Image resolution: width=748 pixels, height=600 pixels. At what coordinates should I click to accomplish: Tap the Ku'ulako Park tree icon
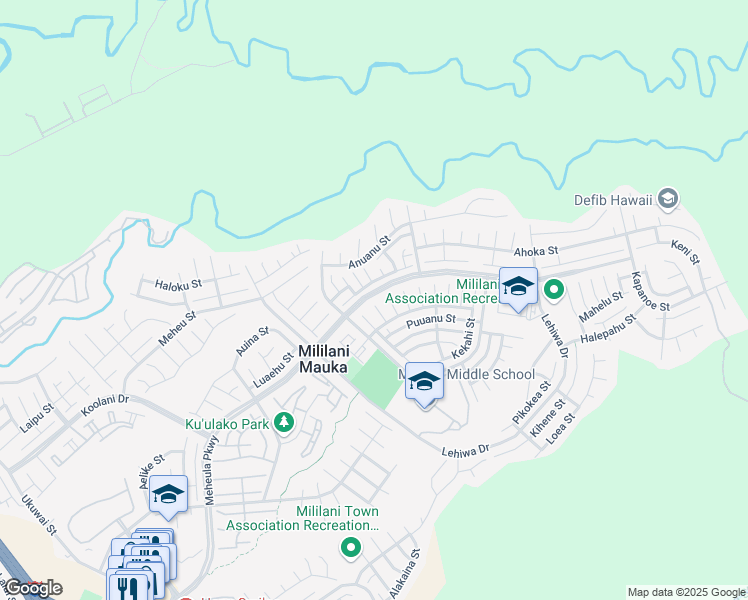pyautogui.click(x=284, y=424)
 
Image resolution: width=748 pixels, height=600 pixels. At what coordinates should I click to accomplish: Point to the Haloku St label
pyautogui.click(x=179, y=284)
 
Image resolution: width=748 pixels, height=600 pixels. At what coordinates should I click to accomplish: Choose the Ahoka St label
pyautogui.click(x=535, y=253)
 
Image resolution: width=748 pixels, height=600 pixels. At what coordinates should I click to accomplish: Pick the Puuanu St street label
pyautogui.click(x=431, y=323)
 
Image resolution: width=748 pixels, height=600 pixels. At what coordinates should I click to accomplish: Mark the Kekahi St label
pyautogui.click(x=463, y=340)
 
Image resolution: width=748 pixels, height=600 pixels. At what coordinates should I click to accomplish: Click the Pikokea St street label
pyautogui.click(x=531, y=400)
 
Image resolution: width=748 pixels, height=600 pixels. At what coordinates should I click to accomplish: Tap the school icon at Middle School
pyautogui.click(x=425, y=381)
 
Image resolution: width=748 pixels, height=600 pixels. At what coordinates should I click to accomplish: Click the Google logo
pyautogui.click(x=33, y=588)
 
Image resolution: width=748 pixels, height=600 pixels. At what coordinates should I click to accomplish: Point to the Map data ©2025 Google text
pyautogui.click(x=685, y=592)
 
